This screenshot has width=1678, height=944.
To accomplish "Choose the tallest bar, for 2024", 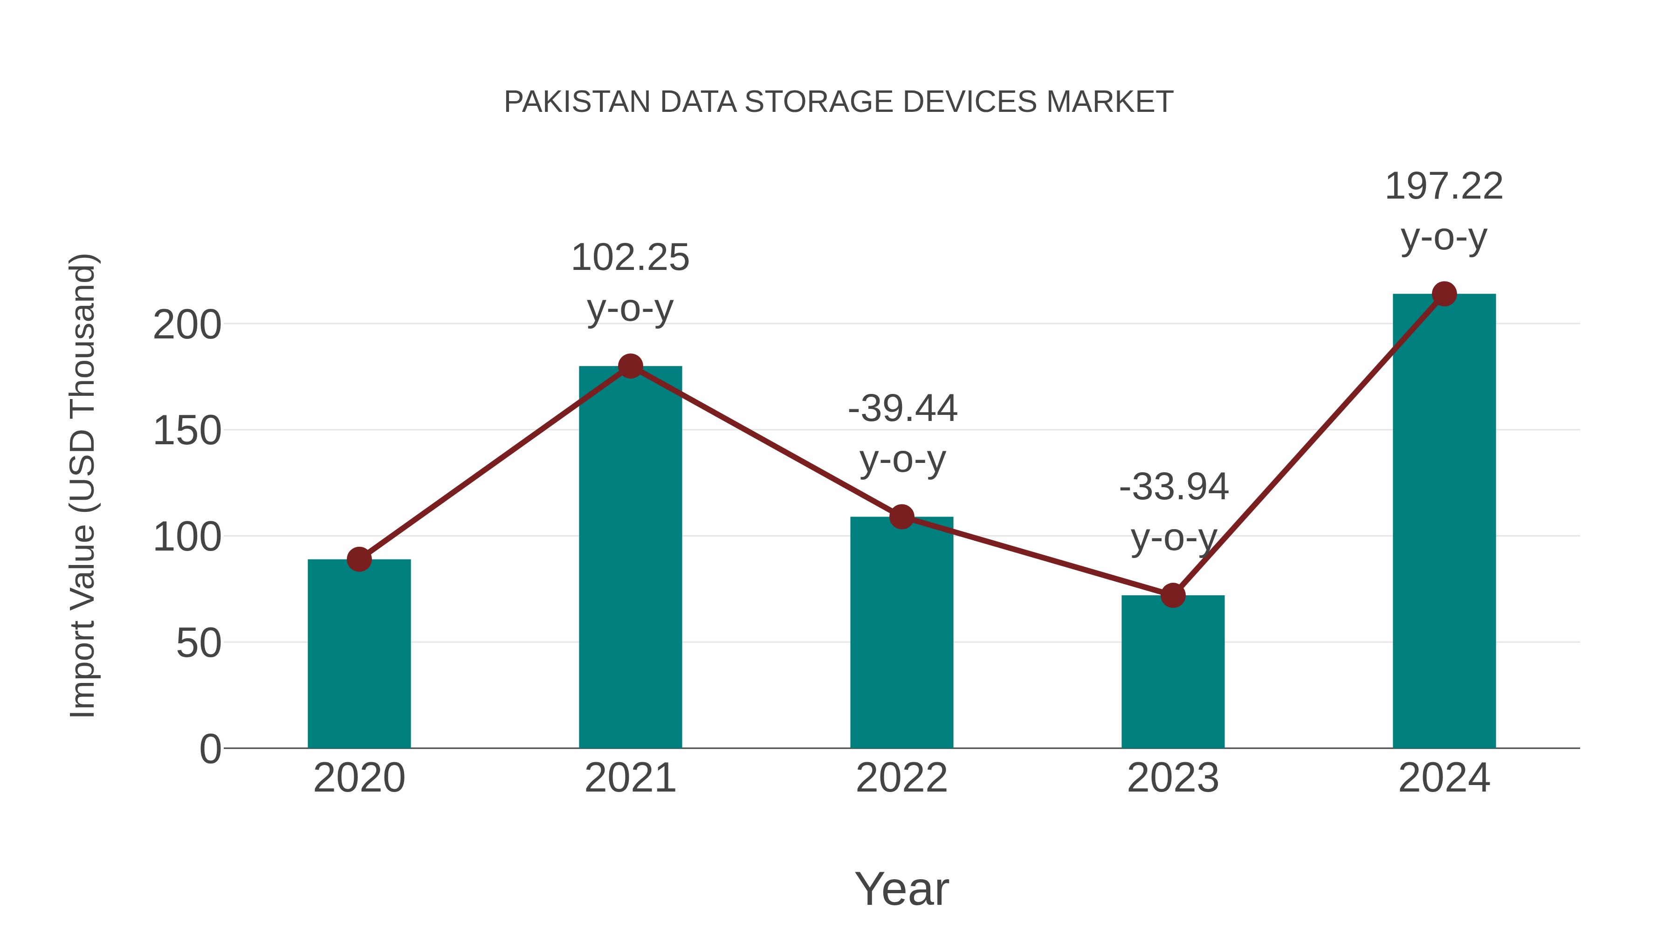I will pyautogui.click(x=1444, y=521).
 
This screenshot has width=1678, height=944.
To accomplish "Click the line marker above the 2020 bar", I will pyautogui.click(x=359, y=559).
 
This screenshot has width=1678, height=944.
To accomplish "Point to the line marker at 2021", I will pyautogui.click(x=630, y=366).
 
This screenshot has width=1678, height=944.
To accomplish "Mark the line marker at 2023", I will pyautogui.click(x=1173, y=595).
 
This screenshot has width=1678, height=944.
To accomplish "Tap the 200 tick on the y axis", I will pyautogui.click(x=187, y=325).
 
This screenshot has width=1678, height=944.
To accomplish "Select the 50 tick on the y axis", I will pyautogui.click(x=198, y=644).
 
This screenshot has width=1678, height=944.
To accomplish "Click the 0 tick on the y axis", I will pyautogui.click(x=210, y=749).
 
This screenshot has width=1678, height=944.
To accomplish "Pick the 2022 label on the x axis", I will pyautogui.click(x=901, y=778).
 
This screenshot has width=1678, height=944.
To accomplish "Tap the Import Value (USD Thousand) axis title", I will pyautogui.click(x=83, y=485).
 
